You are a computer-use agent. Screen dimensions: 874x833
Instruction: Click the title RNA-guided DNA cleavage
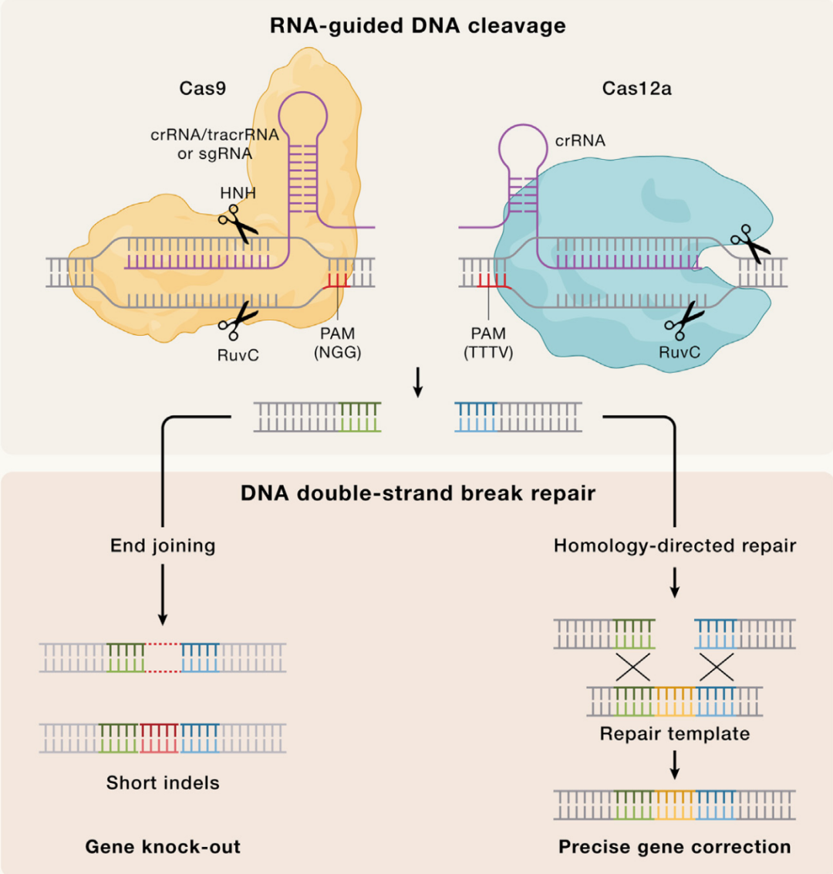click(417, 25)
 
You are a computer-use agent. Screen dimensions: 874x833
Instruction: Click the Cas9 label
click(202, 88)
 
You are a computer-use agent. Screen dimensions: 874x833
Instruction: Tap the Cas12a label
click(636, 88)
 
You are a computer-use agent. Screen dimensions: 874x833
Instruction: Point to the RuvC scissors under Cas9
click(238, 320)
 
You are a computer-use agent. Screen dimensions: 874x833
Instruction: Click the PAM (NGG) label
click(338, 343)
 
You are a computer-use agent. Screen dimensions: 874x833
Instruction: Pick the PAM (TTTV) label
click(488, 343)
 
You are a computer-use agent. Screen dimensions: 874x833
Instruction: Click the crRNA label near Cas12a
click(580, 141)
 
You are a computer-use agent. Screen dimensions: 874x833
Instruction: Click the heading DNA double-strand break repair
click(417, 493)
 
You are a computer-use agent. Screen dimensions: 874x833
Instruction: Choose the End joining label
click(163, 546)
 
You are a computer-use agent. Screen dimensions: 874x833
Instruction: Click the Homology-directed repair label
click(675, 546)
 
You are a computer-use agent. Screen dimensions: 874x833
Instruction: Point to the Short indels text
click(163, 783)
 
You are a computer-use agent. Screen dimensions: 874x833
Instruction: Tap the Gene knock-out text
click(163, 847)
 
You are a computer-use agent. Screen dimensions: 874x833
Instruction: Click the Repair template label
click(675, 733)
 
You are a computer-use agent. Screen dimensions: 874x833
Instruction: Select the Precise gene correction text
click(675, 847)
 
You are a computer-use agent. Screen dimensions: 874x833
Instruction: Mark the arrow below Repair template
click(675, 764)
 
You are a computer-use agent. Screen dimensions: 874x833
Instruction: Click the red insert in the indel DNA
click(159, 738)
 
